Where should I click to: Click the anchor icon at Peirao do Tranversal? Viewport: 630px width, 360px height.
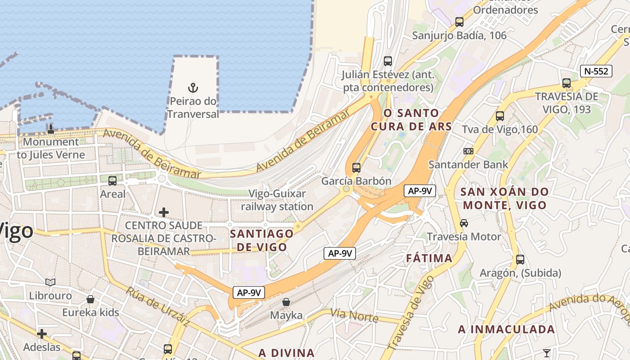pyautogui.click(x=193, y=88)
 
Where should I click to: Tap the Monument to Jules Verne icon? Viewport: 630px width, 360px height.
pyautogui.click(x=51, y=129)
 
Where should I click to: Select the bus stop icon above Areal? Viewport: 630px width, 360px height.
pyautogui.click(x=112, y=181)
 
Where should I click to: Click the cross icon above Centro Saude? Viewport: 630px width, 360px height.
pyautogui.click(x=164, y=212)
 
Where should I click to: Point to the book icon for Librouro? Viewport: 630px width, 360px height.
pyautogui.click(x=50, y=282)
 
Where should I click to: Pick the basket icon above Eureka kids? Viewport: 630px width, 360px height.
pyautogui.click(x=90, y=299)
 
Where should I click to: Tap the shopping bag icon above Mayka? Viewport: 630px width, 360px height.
pyautogui.click(x=286, y=302)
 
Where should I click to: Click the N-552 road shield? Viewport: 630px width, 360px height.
pyautogui.click(x=596, y=71)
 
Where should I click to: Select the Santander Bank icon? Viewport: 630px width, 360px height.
pyautogui.click(x=468, y=151)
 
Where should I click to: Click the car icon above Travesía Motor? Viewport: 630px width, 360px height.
pyautogui.click(x=463, y=223)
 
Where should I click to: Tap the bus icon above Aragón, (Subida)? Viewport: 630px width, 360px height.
pyautogui.click(x=520, y=260)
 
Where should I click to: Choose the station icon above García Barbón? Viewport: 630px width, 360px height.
pyautogui.click(x=356, y=168)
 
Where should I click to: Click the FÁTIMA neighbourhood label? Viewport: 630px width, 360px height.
pyautogui.click(x=429, y=258)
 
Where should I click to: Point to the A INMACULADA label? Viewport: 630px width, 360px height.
pyautogui.click(x=506, y=329)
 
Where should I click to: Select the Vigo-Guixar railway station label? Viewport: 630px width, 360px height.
pyautogui.click(x=277, y=200)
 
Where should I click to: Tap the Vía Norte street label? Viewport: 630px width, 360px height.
pyautogui.click(x=354, y=315)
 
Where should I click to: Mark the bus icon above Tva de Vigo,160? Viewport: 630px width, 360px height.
pyautogui.click(x=500, y=116)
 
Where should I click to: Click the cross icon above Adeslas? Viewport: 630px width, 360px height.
pyautogui.click(x=42, y=334)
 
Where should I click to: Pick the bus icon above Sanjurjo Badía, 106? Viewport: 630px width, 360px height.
pyautogui.click(x=459, y=22)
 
